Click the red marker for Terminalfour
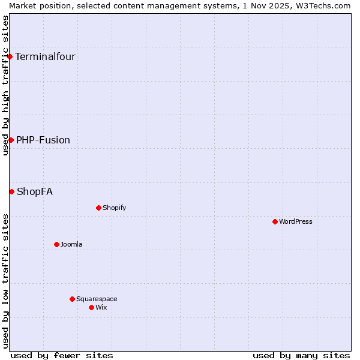click(x=10, y=57)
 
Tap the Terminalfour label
click(x=45, y=57)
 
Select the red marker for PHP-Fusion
click(x=11, y=140)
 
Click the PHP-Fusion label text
click(x=43, y=140)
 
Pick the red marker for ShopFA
click(x=11, y=191)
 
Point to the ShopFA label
click(x=35, y=191)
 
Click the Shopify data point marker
click(x=98, y=208)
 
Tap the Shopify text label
click(x=114, y=208)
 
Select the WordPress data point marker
click(x=275, y=221)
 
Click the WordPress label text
click(x=296, y=221)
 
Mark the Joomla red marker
click(x=56, y=244)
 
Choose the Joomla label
click(x=71, y=244)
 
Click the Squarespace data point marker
click(x=72, y=299)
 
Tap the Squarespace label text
click(x=97, y=299)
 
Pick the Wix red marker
click(x=91, y=307)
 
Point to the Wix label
click(x=101, y=307)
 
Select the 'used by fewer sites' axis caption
click(x=62, y=355)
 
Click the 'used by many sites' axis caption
click(x=301, y=355)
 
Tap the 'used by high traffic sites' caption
click(x=5, y=85)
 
